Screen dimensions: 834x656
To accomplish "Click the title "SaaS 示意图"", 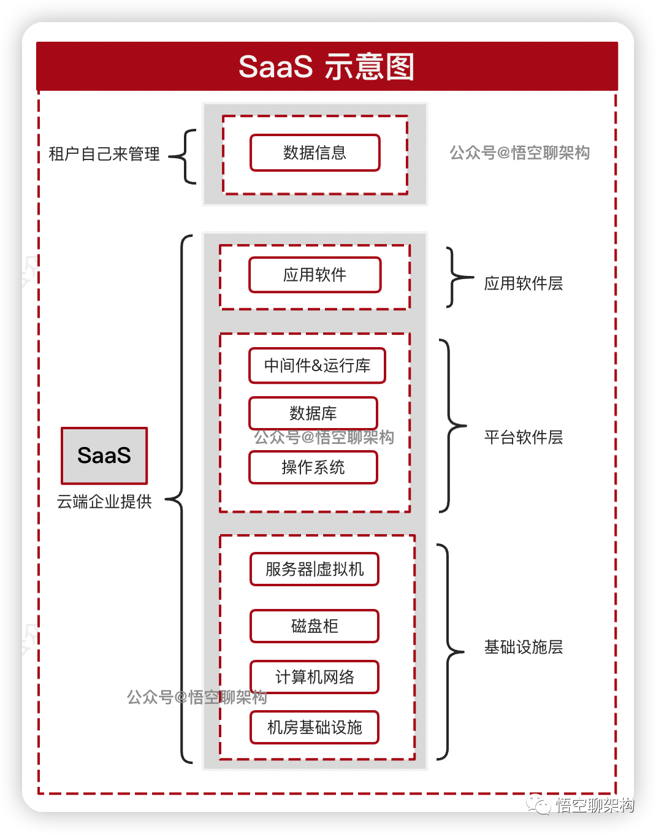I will (326, 66).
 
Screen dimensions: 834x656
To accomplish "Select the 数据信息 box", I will (315, 153).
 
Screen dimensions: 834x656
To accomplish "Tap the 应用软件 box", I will (315, 275).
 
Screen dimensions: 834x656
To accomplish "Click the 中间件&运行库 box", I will (317, 365).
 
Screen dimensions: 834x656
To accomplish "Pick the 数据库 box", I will (313, 413).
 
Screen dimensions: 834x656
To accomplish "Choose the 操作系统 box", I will (313, 467).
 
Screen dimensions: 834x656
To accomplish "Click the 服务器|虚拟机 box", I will (315, 569).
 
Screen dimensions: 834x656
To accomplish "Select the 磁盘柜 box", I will (315, 626).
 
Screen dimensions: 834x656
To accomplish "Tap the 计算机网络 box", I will (315, 677).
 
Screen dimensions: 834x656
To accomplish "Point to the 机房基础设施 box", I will (315, 727).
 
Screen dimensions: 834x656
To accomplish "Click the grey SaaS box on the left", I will (104, 456).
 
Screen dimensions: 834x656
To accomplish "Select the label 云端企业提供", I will (104, 502).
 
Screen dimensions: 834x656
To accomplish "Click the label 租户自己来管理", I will (104, 154).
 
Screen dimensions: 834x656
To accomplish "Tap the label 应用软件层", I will (524, 283).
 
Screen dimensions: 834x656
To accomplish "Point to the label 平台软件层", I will (524, 437).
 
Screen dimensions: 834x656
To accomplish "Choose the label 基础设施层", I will (524, 647).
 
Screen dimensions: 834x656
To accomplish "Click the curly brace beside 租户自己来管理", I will (184, 156).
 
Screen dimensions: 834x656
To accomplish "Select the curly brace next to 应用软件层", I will (457, 277).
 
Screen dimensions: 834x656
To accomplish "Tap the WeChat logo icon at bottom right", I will (540, 804).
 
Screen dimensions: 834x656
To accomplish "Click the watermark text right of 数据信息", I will (520, 153).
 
